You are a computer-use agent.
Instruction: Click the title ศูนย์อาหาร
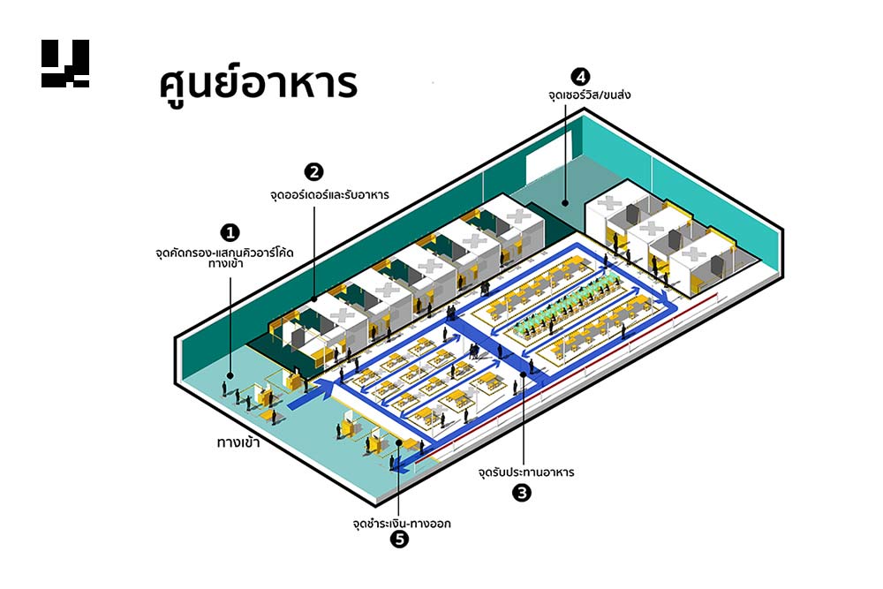[258, 86]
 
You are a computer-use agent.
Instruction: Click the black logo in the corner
[65, 64]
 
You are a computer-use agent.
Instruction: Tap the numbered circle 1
[231, 232]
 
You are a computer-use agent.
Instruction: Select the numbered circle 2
[313, 171]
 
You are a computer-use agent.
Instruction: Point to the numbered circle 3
[522, 493]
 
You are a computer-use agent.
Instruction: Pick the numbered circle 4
[579, 76]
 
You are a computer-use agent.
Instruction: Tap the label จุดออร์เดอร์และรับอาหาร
[329, 192]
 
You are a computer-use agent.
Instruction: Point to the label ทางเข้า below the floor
[243, 440]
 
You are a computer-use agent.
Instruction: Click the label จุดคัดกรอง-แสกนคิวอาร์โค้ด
[223, 253]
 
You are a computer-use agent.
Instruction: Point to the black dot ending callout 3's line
[523, 374]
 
